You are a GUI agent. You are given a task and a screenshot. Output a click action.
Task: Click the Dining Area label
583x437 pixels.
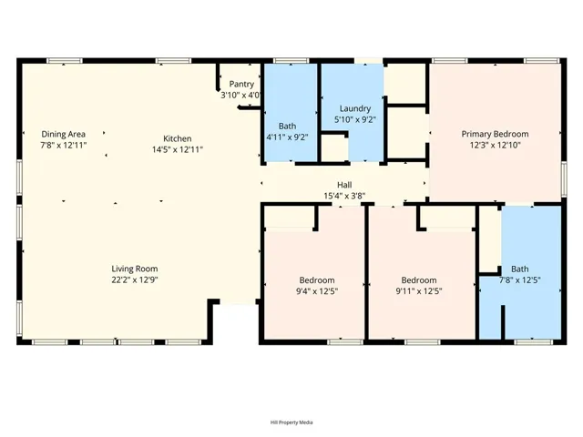pos(63,134)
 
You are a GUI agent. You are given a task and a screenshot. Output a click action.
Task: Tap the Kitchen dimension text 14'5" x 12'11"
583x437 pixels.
pos(177,149)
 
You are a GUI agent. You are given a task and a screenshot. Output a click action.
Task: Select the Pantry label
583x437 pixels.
pos(241,84)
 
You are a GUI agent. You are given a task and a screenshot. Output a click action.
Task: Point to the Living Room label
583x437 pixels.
pos(135,269)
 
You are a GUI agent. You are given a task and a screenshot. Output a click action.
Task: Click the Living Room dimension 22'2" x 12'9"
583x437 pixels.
pos(135,279)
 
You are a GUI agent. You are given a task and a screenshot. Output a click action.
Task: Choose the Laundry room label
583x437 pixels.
pos(353,107)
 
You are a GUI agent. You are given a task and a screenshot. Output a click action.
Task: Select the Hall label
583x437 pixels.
pos(344,184)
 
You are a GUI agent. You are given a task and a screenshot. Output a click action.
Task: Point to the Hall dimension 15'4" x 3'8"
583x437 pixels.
pos(344,194)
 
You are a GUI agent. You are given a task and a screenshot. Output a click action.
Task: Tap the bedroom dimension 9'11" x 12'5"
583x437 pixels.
pos(419,290)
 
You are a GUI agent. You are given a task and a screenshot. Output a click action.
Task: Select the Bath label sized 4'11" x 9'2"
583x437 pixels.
pos(287,127)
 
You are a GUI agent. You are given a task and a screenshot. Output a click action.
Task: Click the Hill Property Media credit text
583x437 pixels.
pos(291,422)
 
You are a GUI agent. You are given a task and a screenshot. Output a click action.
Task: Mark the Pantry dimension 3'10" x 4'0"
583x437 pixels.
pos(241,94)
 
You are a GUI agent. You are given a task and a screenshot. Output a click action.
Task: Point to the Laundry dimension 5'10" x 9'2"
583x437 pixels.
pos(353,118)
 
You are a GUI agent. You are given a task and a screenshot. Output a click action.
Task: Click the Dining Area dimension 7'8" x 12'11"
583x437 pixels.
pos(63,145)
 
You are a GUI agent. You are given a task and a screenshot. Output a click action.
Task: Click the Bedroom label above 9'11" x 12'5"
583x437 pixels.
pos(419,279)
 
